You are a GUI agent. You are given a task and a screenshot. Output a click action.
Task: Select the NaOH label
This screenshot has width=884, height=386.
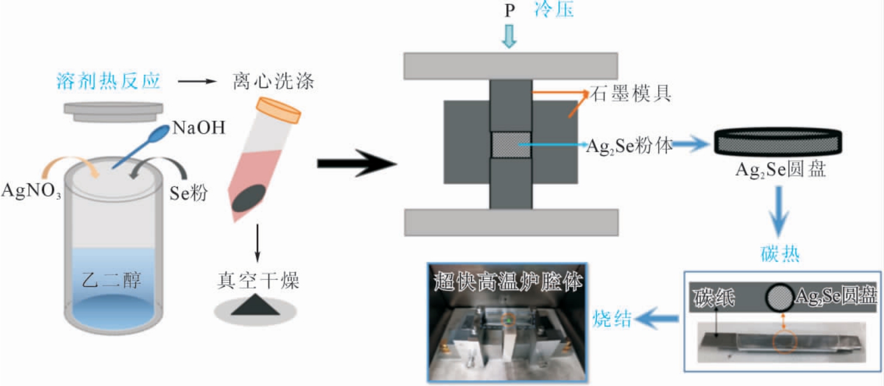click(199, 128)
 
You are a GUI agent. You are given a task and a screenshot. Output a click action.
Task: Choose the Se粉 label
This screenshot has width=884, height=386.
click(189, 194)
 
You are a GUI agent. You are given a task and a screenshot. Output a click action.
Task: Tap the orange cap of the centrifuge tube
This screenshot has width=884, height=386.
click(279, 110)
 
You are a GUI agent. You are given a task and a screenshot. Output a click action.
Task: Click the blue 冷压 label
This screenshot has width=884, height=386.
click(555, 11)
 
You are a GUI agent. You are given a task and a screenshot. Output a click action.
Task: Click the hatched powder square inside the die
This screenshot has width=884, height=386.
click(511, 144)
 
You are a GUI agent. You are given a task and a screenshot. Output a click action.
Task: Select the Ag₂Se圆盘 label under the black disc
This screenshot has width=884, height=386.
click(778, 171)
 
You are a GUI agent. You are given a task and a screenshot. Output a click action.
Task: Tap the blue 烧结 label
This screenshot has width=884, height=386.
click(612, 318)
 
